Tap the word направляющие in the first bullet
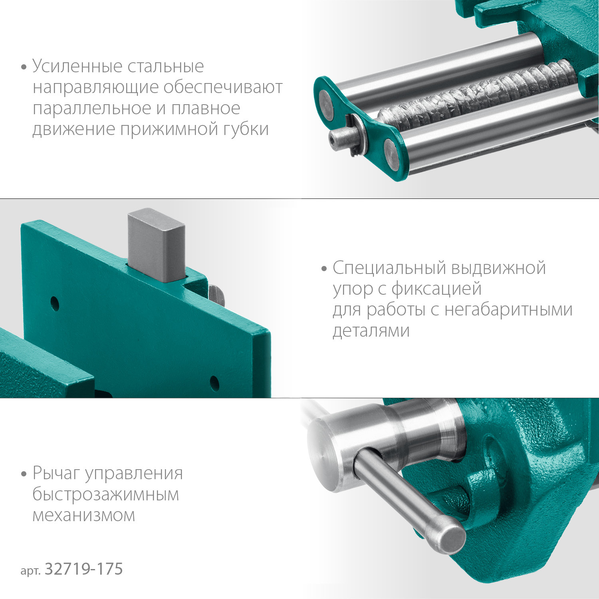(95, 87)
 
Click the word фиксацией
(436, 289)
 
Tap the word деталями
(371, 331)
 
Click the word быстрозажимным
(106, 494)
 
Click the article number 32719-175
(84, 569)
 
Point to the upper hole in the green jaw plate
(55, 304)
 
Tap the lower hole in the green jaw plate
(214, 383)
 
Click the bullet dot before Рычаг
(24, 474)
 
